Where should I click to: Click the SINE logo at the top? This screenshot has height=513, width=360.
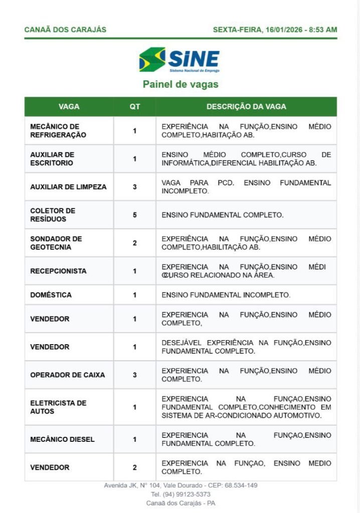(179, 60)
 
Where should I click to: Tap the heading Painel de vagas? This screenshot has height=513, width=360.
(181, 84)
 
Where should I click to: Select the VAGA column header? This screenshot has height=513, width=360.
(69, 107)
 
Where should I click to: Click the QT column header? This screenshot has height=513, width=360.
(135, 107)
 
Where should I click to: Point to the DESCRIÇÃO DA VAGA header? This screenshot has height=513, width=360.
(246, 107)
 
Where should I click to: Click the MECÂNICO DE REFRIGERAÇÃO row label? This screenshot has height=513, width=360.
(58, 131)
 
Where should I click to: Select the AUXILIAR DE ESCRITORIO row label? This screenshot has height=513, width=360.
(52, 159)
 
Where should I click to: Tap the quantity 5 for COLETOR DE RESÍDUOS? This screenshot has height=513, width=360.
(135, 215)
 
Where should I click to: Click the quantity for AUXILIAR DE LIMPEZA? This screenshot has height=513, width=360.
(135, 187)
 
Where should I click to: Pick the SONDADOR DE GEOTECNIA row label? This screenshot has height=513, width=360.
(56, 243)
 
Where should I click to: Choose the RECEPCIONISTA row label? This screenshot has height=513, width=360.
(58, 271)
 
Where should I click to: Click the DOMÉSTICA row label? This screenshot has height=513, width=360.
(51, 295)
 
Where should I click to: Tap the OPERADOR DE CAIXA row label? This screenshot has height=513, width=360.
(68, 375)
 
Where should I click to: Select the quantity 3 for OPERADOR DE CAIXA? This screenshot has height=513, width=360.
(135, 375)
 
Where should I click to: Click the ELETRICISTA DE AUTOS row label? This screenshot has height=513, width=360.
(58, 407)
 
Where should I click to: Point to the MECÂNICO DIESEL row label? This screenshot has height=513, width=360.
(62, 439)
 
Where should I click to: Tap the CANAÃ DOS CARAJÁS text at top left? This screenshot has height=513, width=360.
(65, 30)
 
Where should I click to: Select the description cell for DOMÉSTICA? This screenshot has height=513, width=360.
(226, 295)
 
